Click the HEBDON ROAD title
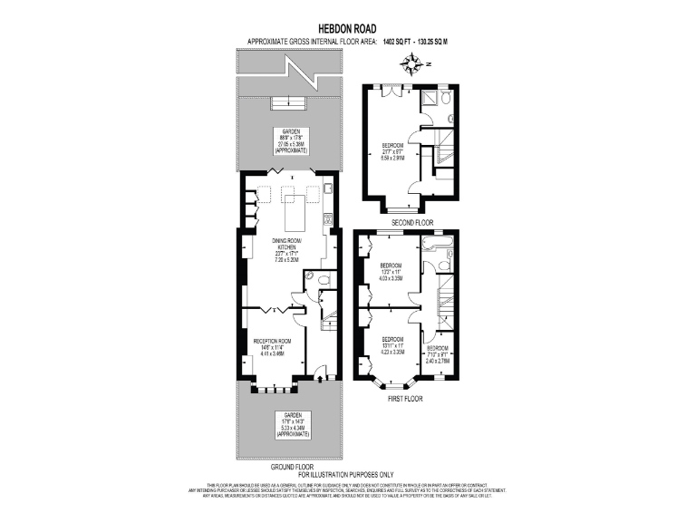(x=348, y=28)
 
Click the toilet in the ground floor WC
(x=309, y=275)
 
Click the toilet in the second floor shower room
(x=449, y=119)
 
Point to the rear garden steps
(x=286, y=101)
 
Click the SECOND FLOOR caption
(x=411, y=222)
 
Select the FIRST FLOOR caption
(x=404, y=398)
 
